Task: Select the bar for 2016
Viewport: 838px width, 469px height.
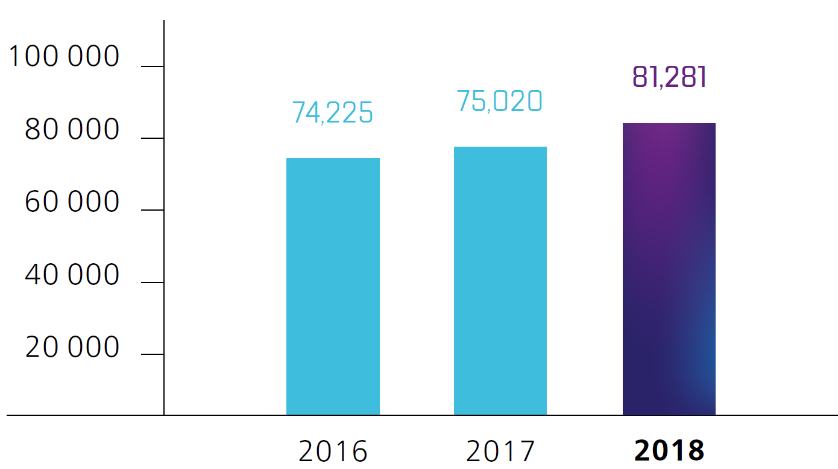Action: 333,287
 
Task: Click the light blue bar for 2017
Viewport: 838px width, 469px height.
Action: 500,281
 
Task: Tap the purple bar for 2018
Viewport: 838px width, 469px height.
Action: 669,269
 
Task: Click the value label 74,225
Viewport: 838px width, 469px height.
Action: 333,112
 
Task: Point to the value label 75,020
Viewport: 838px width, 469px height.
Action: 500,101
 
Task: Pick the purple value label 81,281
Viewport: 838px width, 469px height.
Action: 669,77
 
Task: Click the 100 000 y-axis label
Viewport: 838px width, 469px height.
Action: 65,57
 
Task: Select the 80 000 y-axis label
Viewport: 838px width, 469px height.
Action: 72,130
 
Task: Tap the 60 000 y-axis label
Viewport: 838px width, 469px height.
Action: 72,203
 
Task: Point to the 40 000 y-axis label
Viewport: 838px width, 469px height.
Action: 72,275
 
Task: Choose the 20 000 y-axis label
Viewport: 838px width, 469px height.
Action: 72,348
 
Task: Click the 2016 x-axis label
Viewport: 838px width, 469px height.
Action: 333,451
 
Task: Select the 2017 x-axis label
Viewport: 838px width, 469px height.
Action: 500,451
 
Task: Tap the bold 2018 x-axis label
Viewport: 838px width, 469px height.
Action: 669,451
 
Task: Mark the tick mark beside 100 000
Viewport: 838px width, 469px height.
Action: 152,66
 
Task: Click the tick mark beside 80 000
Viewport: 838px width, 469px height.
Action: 152,138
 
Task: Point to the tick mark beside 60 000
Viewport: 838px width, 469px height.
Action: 152,210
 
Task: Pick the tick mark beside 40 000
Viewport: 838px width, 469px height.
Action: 152,282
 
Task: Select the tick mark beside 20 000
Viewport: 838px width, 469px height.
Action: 152,354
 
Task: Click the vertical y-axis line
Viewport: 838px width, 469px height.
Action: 164,241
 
